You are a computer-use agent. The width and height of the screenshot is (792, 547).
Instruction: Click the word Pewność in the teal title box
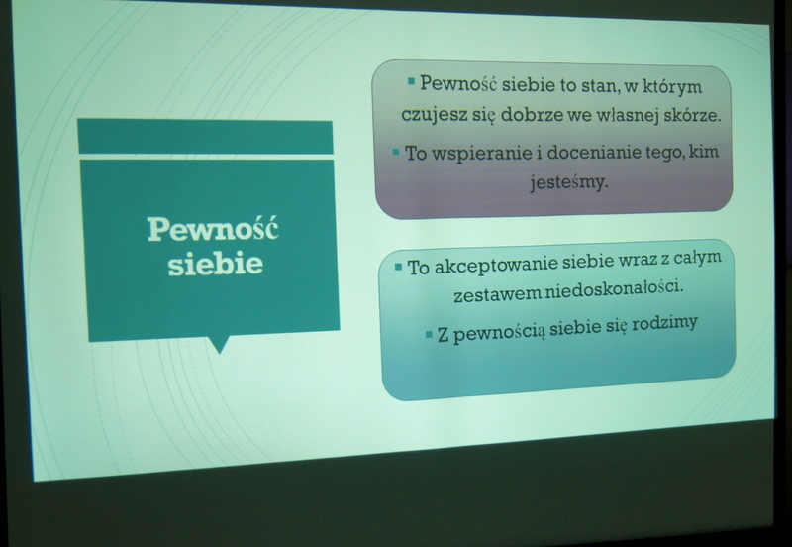pyautogui.click(x=213, y=229)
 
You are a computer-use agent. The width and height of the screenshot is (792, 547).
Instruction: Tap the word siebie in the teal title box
pyautogui.click(x=216, y=263)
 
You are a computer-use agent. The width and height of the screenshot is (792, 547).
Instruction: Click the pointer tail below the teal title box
pyautogui.click(x=219, y=344)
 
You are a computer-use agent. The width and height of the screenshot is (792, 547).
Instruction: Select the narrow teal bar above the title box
pyautogui.click(x=206, y=137)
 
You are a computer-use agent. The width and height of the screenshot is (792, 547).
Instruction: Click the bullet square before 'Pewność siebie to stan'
pyautogui.click(x=411, y=81)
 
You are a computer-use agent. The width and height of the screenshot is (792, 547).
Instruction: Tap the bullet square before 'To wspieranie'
pyautogui.click(x=396, y=152)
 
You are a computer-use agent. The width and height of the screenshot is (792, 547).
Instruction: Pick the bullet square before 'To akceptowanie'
pyautogui.click(x=399, y=266)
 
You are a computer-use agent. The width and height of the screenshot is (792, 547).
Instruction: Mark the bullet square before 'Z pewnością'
pyautogui.click(x=429, y=334)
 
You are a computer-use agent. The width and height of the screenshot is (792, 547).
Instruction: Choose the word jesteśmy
pyautogui.click(x=569, y=182)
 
